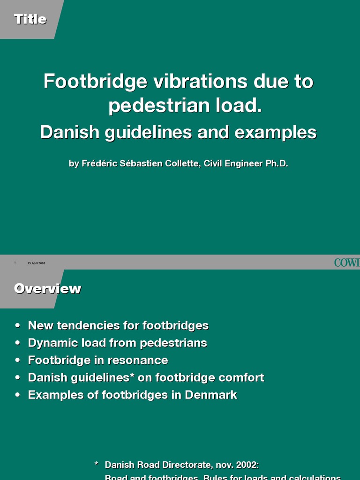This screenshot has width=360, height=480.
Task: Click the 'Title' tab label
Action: [x=30, y=19]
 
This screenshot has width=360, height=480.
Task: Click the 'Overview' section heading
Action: [x=47, y=288]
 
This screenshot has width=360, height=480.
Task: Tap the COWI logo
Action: [x=347, y=262]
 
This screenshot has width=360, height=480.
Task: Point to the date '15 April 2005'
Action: [x=37, y=263]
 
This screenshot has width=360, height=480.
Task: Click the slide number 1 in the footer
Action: [x=15, y=263]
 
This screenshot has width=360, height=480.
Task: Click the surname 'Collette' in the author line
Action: [x=180, y=164]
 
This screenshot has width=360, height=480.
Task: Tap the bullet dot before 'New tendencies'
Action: [x=18, y=326]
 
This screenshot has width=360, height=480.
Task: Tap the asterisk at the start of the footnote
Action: [x=96, y=465]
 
